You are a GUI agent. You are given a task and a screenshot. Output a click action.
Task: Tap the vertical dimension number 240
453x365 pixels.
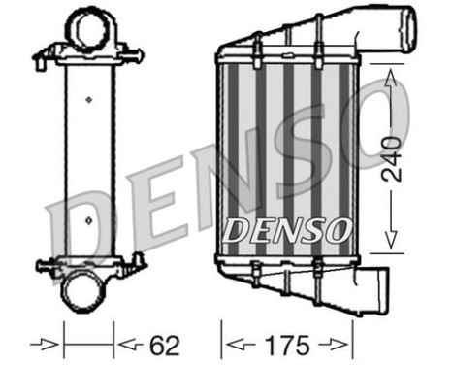390,160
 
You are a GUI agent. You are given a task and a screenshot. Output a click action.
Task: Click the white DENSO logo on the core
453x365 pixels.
286,230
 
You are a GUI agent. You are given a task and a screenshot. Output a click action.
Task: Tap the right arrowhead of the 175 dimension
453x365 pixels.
341,343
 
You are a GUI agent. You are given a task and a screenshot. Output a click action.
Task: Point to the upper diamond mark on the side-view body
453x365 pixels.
89,98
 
